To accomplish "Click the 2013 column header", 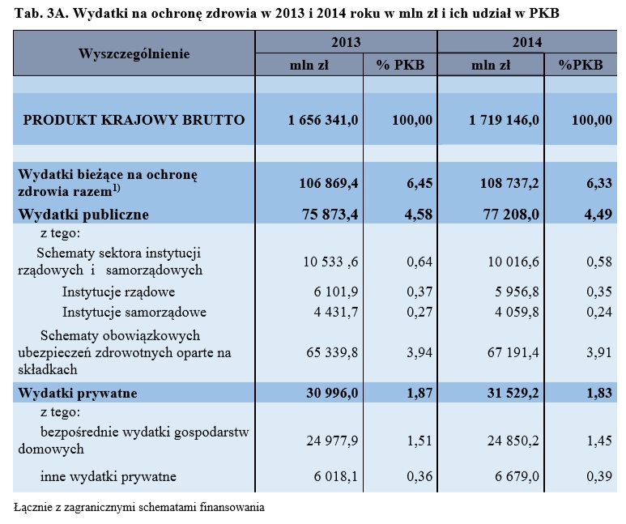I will pyautogui.click(x=346, y=42).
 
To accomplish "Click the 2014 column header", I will pyautogui.click(x=527, y=42).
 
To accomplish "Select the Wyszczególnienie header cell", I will pyautogui.click(x=134, y=53).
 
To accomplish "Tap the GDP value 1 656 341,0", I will pyautogui.click(x=322, y=120).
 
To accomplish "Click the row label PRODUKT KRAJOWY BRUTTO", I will pyautogui.click(x=134, y=120).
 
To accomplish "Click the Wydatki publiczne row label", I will pyautogui.click(x=84, y=215).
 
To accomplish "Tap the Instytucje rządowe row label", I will pyautogui.click(x=119, y=292).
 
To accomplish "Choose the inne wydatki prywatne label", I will pyautogui.click(x=109, y=476).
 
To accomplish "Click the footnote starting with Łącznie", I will pyautogui.click(x=139, y=507).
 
